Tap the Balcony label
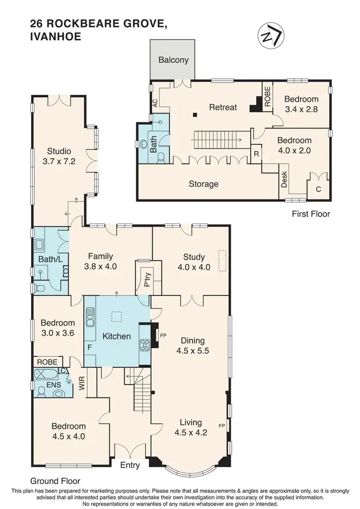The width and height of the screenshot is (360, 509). click(173, 60)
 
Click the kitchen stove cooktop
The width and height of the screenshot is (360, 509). click(144, 345)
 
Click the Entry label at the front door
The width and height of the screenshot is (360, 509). click(130, 465)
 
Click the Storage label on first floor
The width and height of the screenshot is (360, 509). click(204, 184)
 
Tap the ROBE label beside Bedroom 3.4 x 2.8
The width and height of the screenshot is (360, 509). click(267, 93)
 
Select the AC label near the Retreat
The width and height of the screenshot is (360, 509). click(155, 103)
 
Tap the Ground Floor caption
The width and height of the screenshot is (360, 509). click(55, 481)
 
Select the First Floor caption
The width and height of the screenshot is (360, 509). click(311, 214)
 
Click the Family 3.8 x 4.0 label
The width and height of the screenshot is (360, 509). click(100, 261)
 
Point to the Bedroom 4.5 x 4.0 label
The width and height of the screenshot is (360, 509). click(69, 431)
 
